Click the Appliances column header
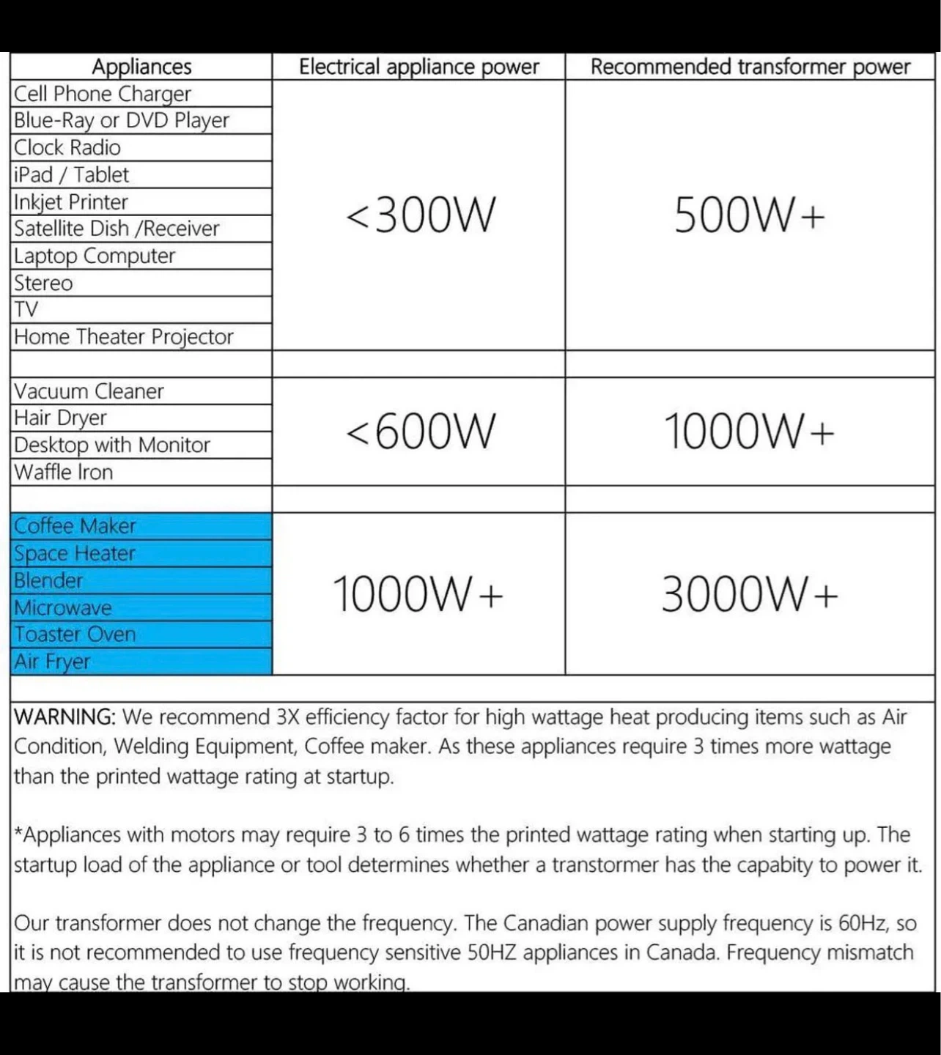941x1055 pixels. pyautogui.click(x=141, y=67)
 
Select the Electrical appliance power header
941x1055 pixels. pyautogui.click(x=418, y=67)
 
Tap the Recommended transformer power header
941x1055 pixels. pyautogui.click(x=750, y=67)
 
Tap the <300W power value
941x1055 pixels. pyautogui.click(x=420, y=215)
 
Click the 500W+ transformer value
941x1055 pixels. pyautogui.click(x=750, y=215)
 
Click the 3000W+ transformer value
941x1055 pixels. pyautogui.click(x=750, y=593)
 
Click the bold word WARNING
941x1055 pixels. pyautogui.click(x=64, y=717)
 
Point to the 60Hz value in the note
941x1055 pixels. pyautogui.click(x=862, y=922)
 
